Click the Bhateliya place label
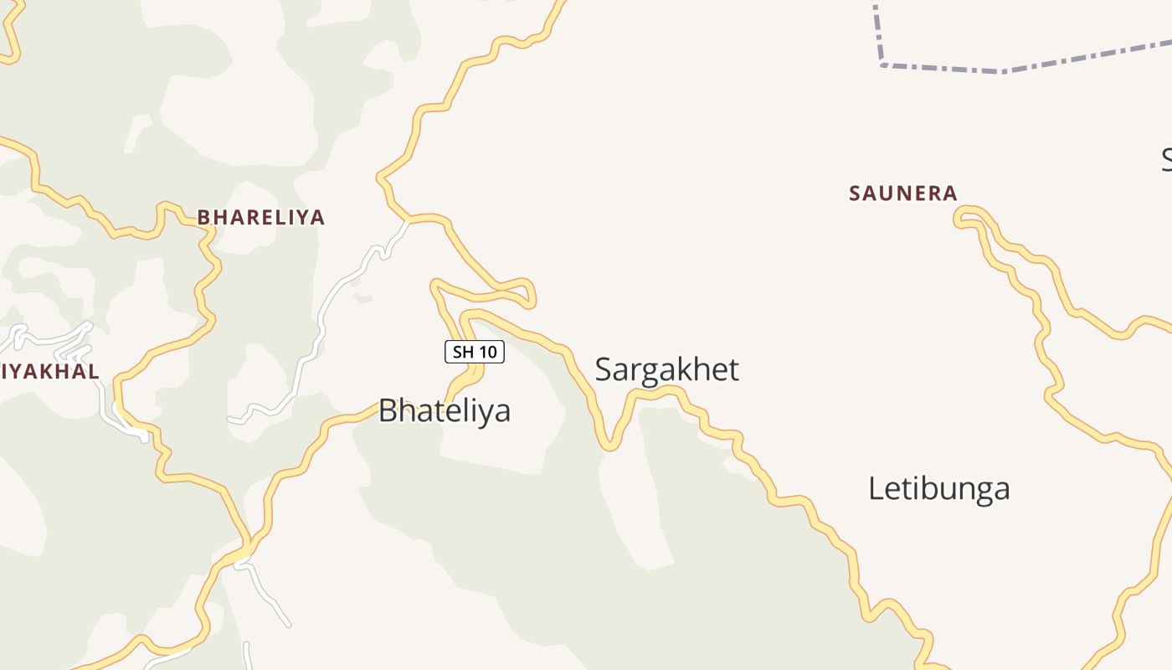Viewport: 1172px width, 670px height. point(445,410)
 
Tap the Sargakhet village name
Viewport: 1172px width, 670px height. point(667,369)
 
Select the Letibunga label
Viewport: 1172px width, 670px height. point(938,488)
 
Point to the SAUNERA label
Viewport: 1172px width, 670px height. point(903,193)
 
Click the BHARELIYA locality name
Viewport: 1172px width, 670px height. point(260,218)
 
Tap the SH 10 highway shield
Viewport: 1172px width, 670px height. point(475,352)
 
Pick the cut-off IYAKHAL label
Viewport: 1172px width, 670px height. point(49,371)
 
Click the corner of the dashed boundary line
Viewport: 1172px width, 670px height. point(882,64)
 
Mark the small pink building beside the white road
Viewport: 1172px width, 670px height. point(362,297)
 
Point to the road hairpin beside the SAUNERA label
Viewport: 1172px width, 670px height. point(959,219)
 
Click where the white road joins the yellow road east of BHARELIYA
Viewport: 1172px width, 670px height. point(408,220)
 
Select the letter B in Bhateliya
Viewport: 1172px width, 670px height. point(388,410)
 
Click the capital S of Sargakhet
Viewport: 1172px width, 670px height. point(604,369)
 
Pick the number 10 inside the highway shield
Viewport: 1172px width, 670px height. point(488,352)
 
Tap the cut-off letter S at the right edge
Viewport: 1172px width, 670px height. point(1167,159)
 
